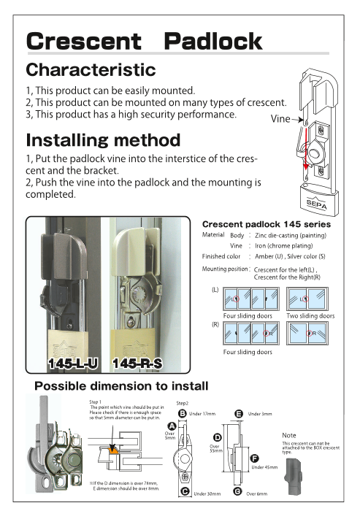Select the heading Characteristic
click(91, 70)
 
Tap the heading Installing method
click(102, 139)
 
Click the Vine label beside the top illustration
click(281, 118)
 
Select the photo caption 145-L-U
click(72, 363)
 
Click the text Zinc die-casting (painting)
click(290, 236)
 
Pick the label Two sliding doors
click(311, 316)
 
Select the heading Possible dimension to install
click(122, 385)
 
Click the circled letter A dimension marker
click(171, 425)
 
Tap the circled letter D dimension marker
click(216, 437)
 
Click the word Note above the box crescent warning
click(289, 436)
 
